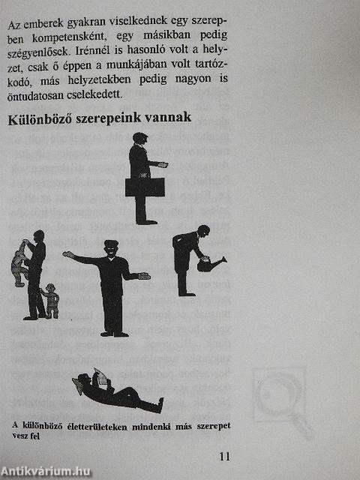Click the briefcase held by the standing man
[x=145, y=187]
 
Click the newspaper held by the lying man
[x=101, y=377]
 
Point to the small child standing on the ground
[x=52, y=301]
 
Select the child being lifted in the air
[x=19, y=263]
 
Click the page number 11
[x=224, y=457]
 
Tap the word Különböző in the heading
[x=40, y=119]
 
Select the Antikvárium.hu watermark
[x=46, y=472]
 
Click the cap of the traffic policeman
[x=111, y=243]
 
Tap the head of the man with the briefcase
[x=140, y=138]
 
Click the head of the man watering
[x=203, y=230]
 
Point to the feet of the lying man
[x=160, y=404]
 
